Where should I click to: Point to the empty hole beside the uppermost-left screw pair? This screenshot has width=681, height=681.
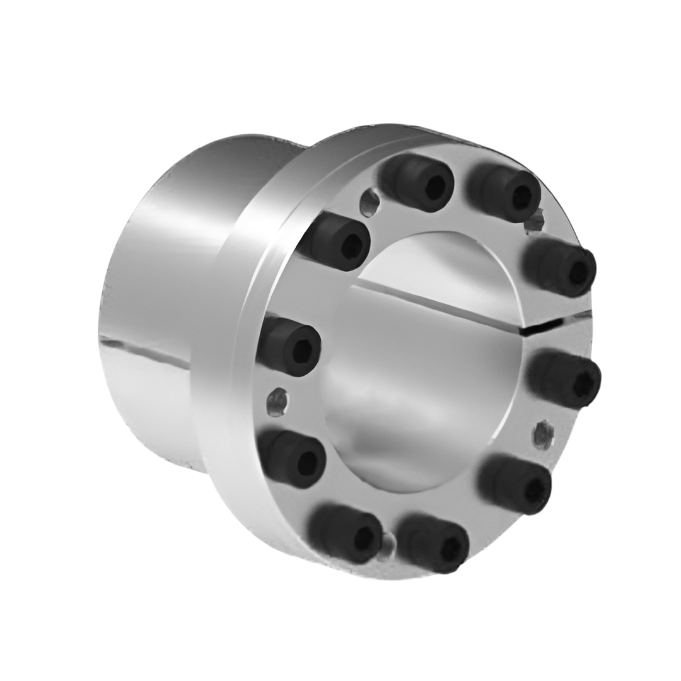370,202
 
